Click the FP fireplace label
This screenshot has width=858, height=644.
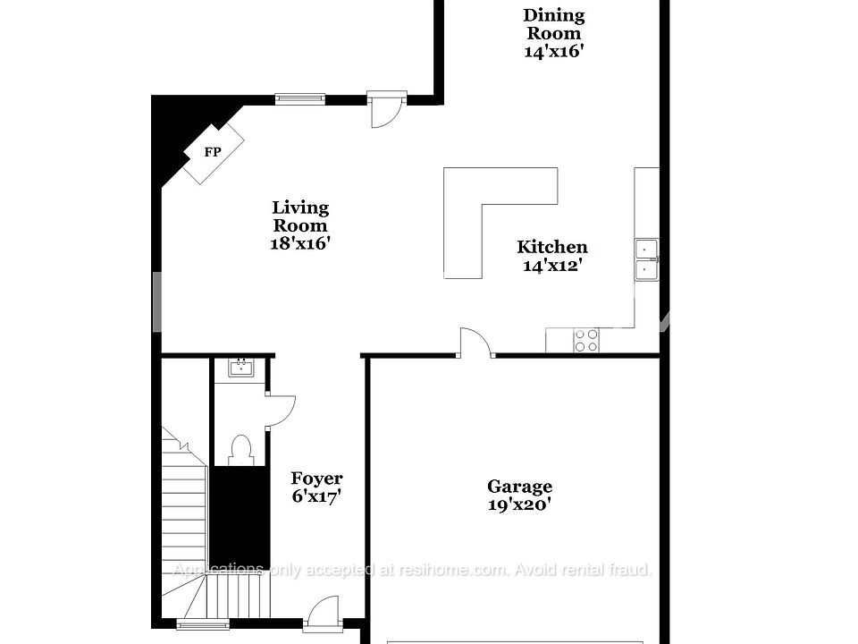pos(213,152)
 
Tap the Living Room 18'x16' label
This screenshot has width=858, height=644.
pos(300,225)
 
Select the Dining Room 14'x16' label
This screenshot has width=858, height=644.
pos(554,33)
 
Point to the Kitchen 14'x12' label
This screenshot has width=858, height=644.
pos(552,256)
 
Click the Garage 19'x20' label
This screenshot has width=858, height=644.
pos(519,495)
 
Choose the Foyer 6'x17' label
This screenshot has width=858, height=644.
pos(316,487)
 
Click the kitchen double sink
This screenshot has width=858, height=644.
pos(646,260)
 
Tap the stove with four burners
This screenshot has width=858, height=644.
pos(586,340)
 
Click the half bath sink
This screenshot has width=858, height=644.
pos(240,367)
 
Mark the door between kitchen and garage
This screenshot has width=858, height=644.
pos(475,343)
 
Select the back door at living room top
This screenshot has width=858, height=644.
pos(388,108)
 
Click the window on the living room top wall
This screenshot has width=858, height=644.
pos(299,98)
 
